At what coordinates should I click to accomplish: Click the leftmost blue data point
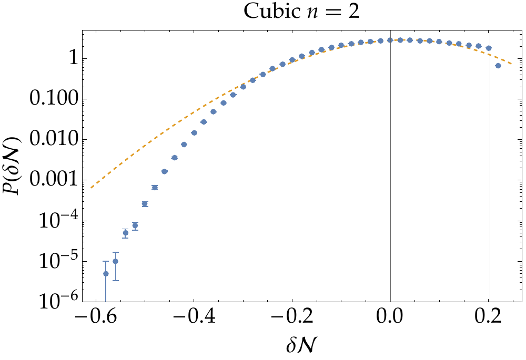[x=106, y=274]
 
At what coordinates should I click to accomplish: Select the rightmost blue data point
[x=498, y=66]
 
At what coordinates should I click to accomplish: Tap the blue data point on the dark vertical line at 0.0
[x=390, y=40]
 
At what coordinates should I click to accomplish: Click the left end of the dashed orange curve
[x=91, y=188]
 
